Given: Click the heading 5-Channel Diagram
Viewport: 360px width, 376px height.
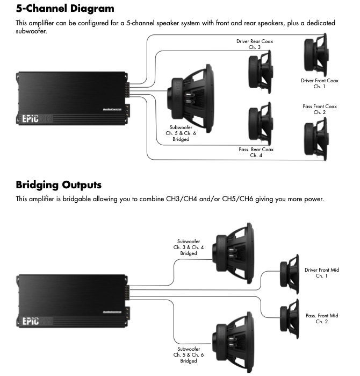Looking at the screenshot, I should pos(65,9).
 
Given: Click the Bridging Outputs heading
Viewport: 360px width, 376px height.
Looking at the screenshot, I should pos(59,185).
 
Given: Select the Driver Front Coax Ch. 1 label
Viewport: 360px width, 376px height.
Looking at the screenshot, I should pos(319,83).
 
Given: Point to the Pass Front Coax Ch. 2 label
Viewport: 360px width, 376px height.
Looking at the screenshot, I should pos(319,109).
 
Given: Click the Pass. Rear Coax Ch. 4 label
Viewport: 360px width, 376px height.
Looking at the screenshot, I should pos(256,152).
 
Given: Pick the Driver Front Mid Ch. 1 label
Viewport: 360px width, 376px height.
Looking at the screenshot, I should pos(321,273).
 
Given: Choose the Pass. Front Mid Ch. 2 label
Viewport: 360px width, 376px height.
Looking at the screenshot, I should pos(321,318).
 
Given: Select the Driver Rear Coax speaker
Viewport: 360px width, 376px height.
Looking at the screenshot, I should pos(260,70).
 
